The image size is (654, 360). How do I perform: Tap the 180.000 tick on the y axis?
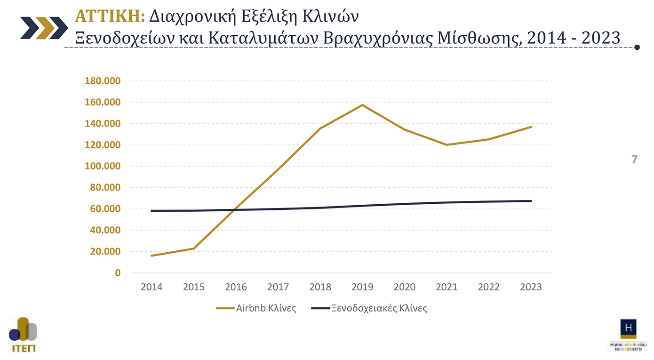coord(103,81)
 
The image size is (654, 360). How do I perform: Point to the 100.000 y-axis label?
coord(103,166)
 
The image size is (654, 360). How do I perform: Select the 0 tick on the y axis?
coord(117,273)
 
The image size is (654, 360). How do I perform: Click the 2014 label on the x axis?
coord(152,287)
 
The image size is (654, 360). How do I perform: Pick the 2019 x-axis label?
coord(362,287)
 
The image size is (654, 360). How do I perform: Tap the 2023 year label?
coord(531,287)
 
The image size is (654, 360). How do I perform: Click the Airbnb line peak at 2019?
coord(362,105)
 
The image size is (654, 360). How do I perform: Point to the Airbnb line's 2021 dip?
coord(447,144)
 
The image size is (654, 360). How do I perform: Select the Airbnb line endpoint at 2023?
coord(531,127)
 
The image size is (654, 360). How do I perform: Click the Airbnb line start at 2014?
coord(152,256)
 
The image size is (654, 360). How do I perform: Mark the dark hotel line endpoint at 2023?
coord(531,201)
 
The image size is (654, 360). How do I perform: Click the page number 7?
coord(634,160)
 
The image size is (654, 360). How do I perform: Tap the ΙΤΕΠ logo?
coord(23,335)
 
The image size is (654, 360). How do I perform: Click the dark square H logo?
coord(628,328)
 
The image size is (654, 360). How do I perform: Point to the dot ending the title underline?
coord(637,47)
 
